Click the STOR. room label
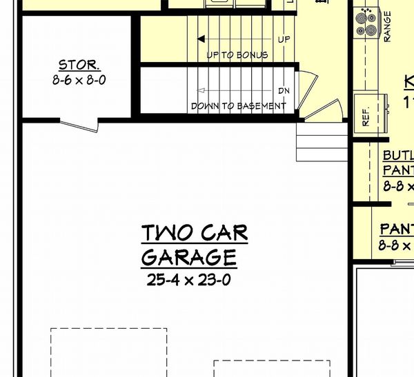click(x=79, y=65)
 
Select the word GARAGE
click(x=189, y=257)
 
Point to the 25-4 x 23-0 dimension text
click(x=189, y=279)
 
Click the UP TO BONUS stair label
click(x=237, y=54)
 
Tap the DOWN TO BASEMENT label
click(x=238, y=106)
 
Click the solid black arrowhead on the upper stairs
click(x=201, y=39)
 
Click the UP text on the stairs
click(x=284, y=39)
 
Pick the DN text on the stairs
click(x=284, y=90)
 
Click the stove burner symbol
click(x=364, y=22)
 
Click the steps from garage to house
click(x=322, y=142)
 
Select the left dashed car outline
click(x=108, y=351)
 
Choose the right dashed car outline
click(x=271, y=368)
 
